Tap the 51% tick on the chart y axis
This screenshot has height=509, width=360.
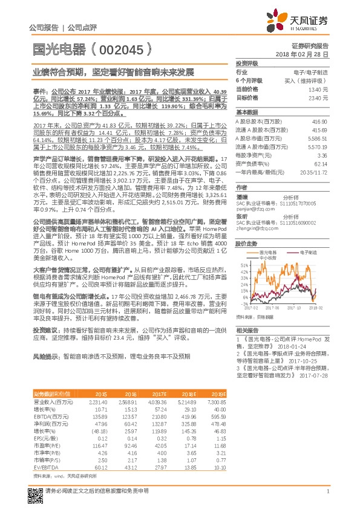244,265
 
